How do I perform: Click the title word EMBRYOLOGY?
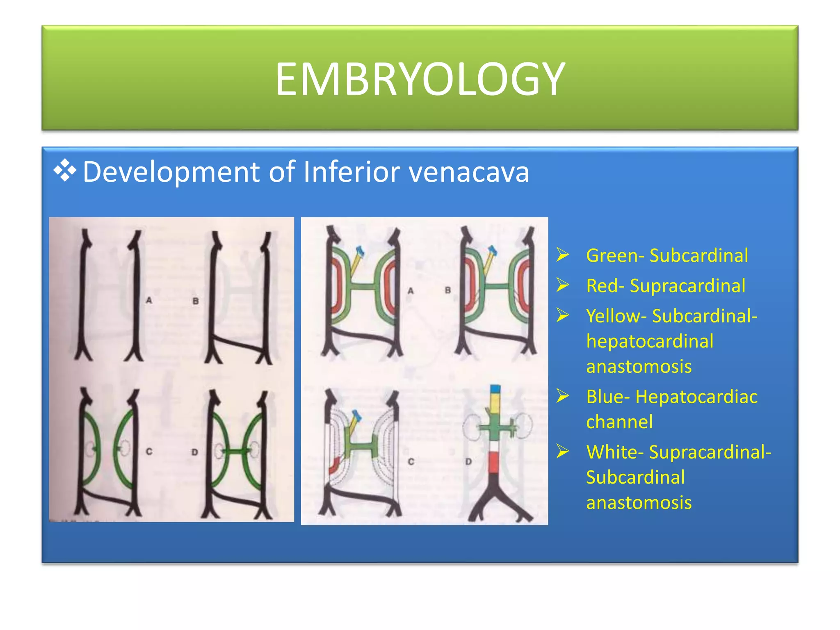[x=420, y=79]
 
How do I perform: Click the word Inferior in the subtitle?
[x=351, y=171]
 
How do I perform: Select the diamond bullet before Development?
[x=65, y=170]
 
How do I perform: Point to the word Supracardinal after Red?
[x=687, y=286]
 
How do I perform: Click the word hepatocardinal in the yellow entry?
[x=650, y=341]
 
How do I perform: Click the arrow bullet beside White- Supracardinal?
[x=563, y=452]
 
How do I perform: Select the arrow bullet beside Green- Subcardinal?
[x=563, y=255]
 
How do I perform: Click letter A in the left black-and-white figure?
[x=149, y=301]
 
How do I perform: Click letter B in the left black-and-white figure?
[x=196, y=301]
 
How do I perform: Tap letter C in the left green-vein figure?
[x=149, y=452]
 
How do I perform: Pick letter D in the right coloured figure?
[x=468, y=462]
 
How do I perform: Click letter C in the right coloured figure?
[x=411, y=462]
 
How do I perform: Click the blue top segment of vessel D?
[x=495, y=389]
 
